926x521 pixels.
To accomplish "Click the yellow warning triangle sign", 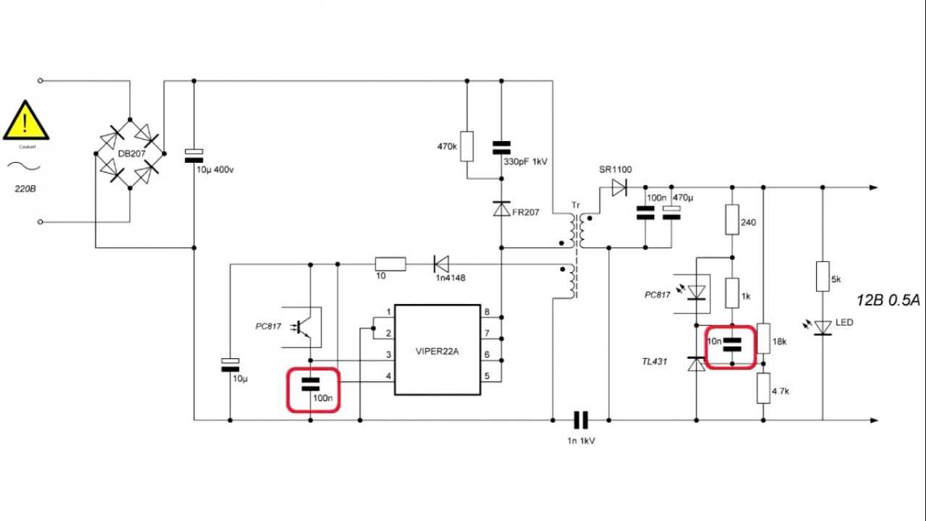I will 26,122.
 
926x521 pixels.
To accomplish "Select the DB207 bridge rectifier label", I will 130,153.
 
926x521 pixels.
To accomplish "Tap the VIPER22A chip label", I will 437,352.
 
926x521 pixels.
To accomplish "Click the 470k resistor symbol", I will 467,146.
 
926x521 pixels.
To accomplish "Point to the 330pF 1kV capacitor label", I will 525,162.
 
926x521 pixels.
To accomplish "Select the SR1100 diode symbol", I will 619,188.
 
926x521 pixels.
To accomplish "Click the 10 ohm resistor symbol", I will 390,264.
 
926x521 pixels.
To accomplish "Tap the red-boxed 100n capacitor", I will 312,389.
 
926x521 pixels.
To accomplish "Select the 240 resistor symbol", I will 732,219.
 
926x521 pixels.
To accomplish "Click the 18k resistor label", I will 780,342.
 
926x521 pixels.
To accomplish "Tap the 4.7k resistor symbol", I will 764,388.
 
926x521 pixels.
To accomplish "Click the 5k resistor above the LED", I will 823,276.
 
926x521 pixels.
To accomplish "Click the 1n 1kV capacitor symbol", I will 581,420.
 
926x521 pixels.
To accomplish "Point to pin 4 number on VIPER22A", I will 388,376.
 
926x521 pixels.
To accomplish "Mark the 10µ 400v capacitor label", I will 214,169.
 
